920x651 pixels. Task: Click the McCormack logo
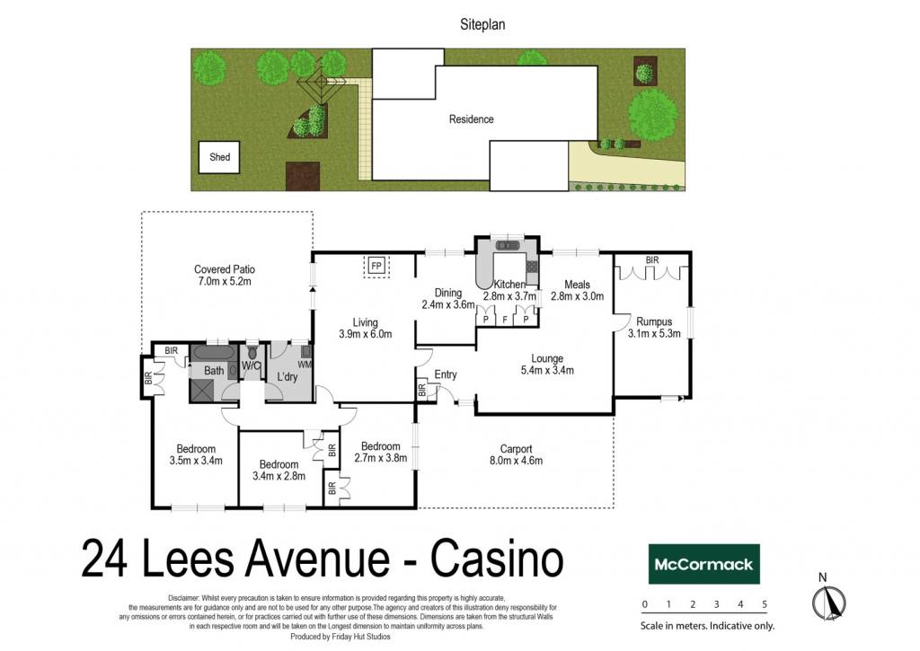703,564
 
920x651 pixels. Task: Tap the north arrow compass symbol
828,603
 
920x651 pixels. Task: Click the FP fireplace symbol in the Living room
376,267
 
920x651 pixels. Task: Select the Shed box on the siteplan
219,157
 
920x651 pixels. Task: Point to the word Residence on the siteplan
471,119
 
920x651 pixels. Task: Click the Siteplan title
482,24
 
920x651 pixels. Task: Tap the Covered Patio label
224,275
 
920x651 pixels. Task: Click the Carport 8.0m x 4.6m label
517,454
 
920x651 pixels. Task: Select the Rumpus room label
654,327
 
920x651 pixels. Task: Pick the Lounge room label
547,365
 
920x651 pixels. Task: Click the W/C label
252,366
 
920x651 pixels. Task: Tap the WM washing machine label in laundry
305,365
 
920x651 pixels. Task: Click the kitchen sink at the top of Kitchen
508,245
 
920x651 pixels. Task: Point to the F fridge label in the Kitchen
505,320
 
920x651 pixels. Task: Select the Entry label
446,374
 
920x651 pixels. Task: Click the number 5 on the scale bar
765,604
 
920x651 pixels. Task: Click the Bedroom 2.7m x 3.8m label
381,453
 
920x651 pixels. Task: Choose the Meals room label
578,290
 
